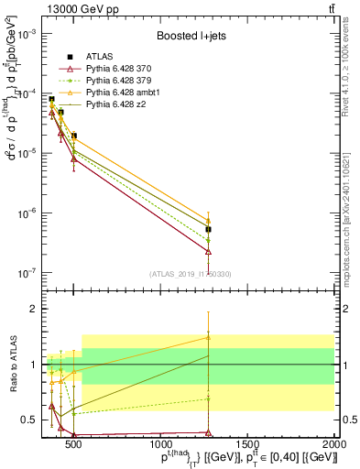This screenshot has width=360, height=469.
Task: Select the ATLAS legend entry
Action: [101, 56]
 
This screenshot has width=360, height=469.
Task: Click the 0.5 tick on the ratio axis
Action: [31, 420]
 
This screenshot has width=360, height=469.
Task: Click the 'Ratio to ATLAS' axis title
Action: [13, 365]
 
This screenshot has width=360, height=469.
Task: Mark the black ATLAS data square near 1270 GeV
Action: [209, 229]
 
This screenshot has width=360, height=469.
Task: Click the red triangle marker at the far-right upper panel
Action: [209, 251]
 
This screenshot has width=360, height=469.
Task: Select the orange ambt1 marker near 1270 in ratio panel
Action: [209, 337]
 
